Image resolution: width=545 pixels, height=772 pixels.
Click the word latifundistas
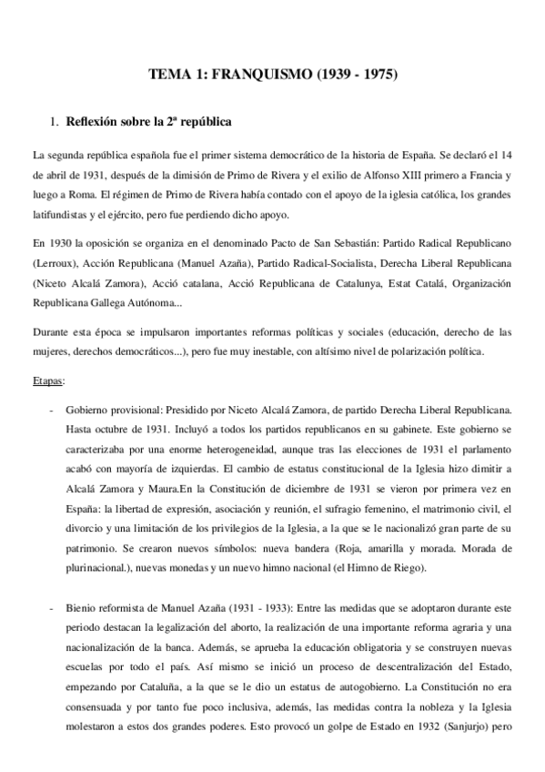tap(63, 215)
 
